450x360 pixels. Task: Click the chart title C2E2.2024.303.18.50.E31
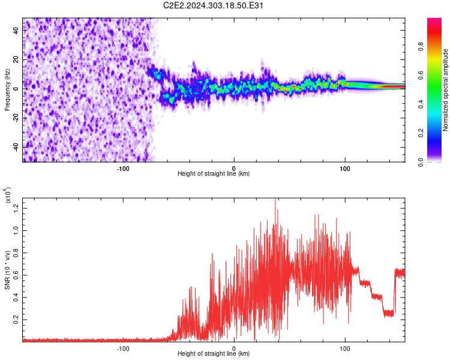[213, 5]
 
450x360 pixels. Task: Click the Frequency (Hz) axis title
[7, 90]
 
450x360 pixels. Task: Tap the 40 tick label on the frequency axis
[16, 30]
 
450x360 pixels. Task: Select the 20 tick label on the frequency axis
[16, 59]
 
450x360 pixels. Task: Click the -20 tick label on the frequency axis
[16, 119]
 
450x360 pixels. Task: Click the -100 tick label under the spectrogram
[123, 169]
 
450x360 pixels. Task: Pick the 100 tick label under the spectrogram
[344, 169]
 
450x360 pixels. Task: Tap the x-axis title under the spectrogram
[214, 173]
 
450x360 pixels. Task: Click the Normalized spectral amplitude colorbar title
[445, 90]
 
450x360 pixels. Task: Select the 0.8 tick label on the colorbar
[421, 46]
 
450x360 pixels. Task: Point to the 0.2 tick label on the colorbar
[421, 133]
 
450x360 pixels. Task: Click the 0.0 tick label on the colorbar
[421, 162]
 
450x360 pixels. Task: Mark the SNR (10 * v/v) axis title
[7, 270]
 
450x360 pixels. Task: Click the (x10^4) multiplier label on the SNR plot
[8, 196]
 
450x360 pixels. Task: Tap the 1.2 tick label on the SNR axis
[16, 208]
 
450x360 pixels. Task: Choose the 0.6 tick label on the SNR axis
[16, 275]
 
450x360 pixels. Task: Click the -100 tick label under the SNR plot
[123, 349]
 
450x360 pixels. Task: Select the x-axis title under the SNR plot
[214, 353]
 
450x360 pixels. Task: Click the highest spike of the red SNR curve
[275, 199]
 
